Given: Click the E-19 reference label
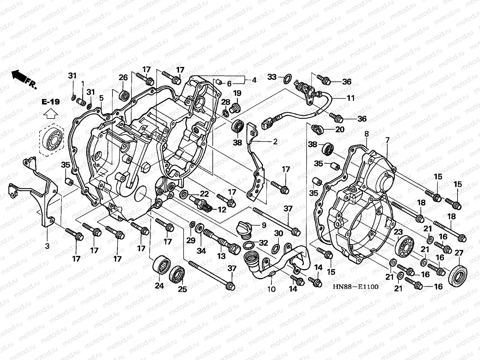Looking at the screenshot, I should [50, 102].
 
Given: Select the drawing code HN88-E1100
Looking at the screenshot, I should [355, 286].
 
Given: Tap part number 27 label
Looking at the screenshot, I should [459, 253].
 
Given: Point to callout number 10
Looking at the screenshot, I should [271, 289].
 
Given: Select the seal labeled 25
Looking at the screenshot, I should [177, 274].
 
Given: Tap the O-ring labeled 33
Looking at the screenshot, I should [286, 79].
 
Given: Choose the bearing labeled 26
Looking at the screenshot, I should [124, 95].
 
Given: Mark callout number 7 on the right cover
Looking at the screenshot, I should [387, 140].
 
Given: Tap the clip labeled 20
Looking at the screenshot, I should [318, 129].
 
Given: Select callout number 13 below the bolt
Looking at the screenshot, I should [221, 256].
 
